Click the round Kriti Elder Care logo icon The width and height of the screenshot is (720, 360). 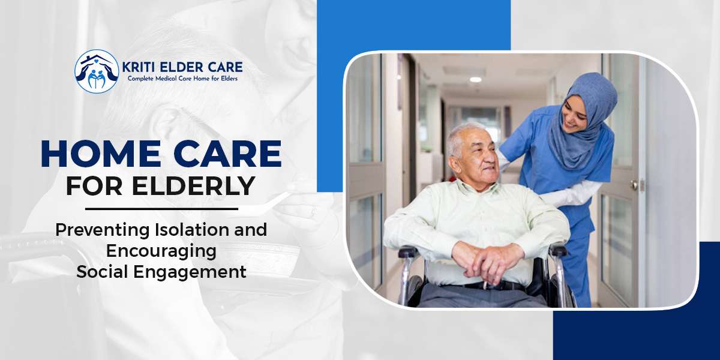[x=97, y=71]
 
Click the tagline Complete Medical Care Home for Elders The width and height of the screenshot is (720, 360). [x=182, y=79]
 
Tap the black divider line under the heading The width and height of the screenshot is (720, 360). [x=161, y=209]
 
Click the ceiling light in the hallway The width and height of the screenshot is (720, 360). [x=475, y=79]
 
